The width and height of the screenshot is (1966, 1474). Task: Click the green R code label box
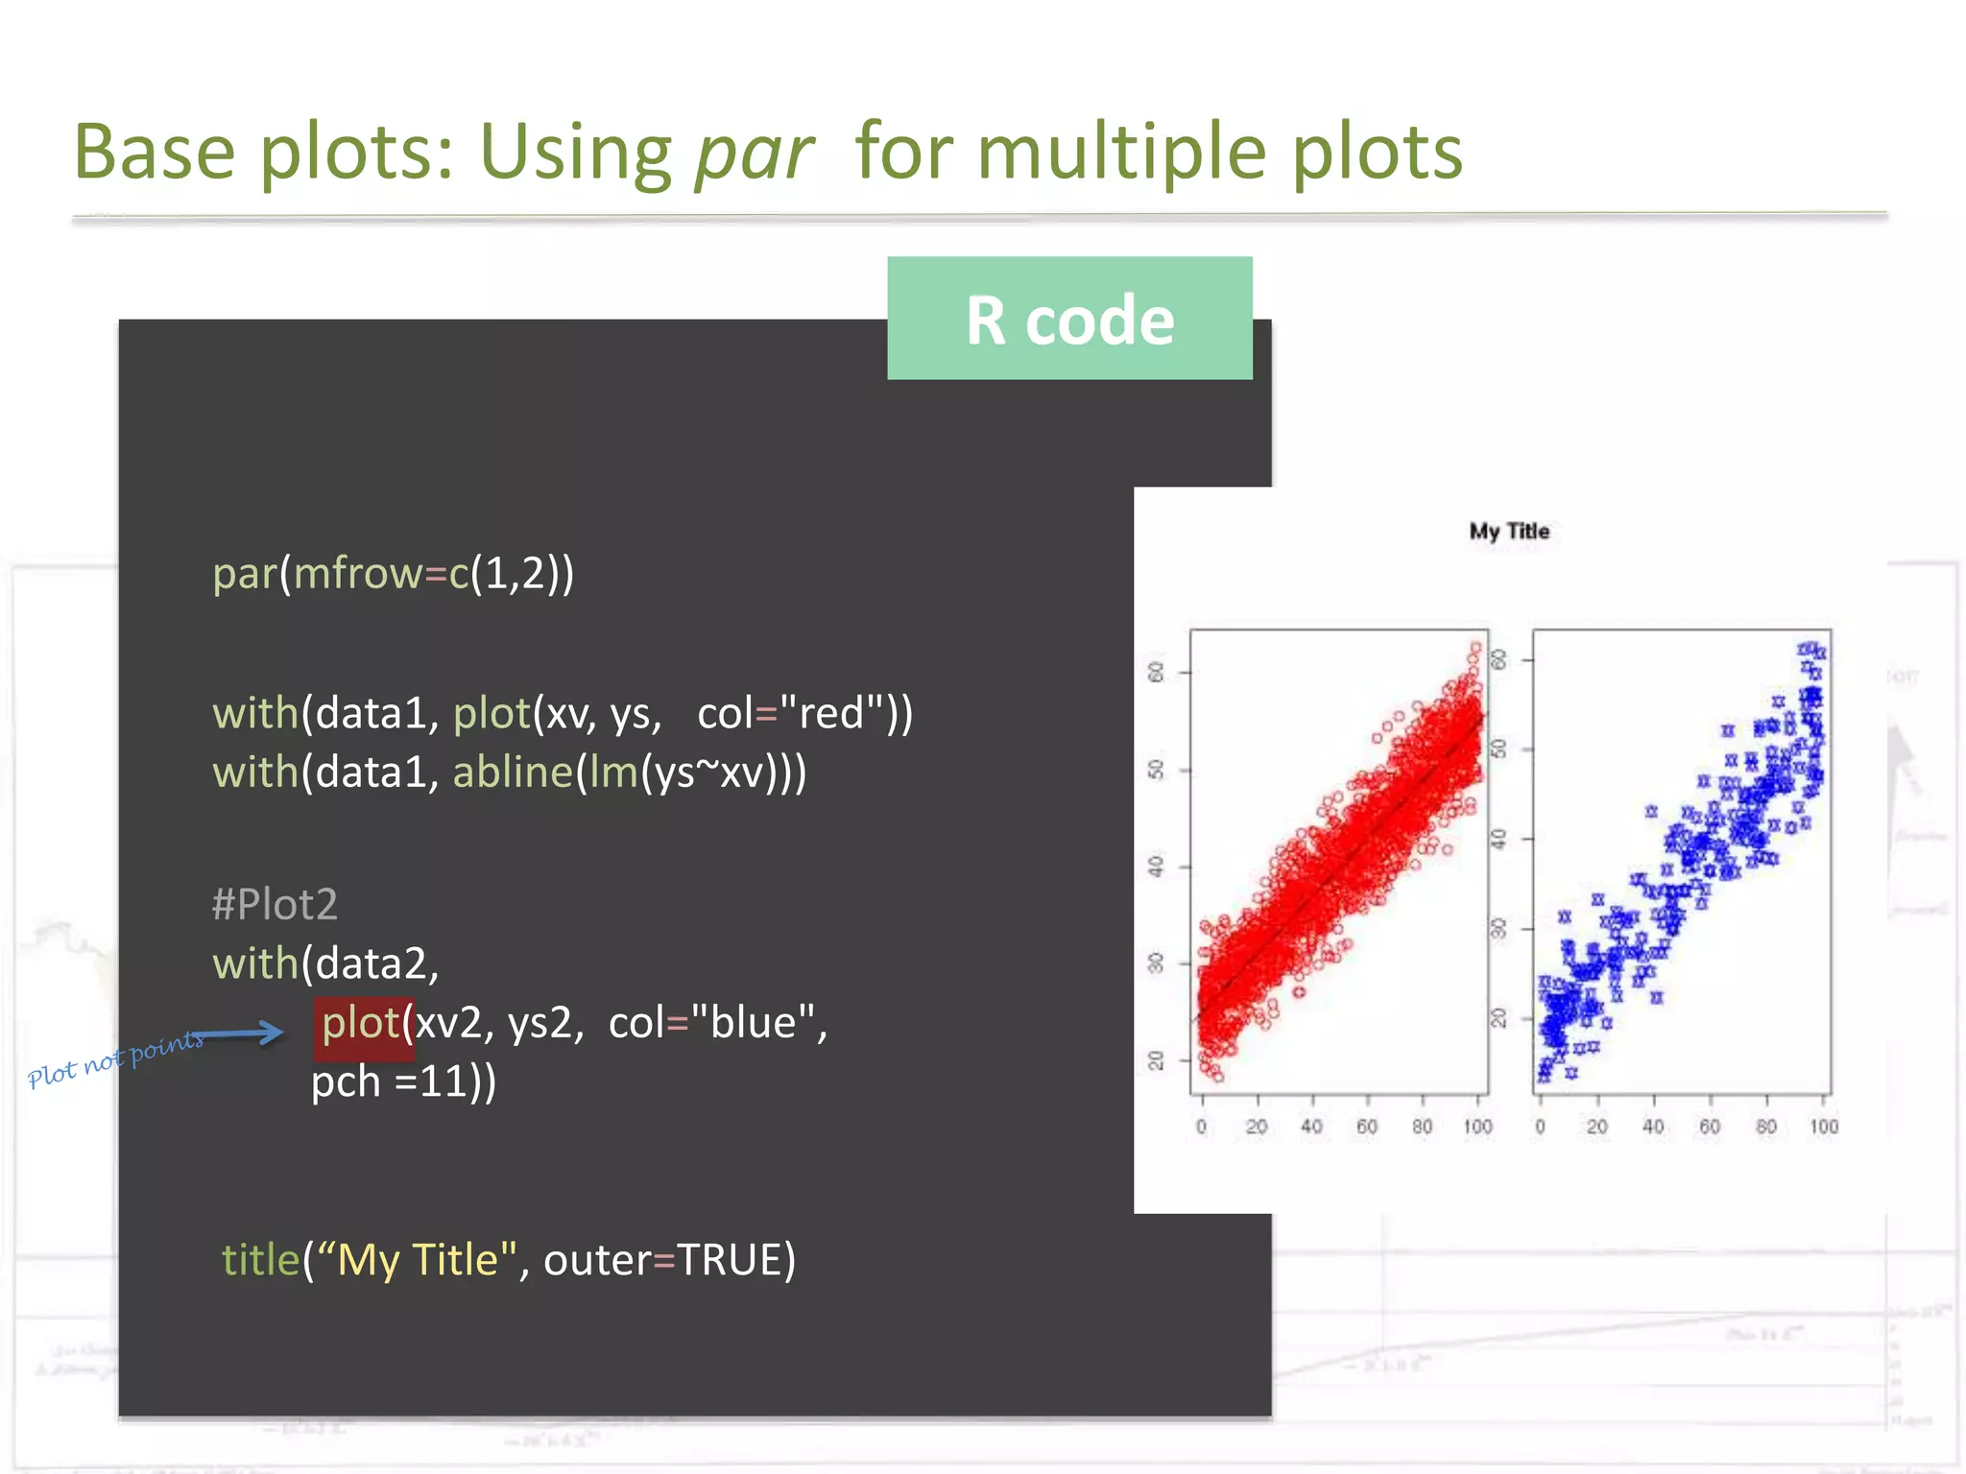[x=1069, y=319]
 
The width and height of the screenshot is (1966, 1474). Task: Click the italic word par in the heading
[x=754, y=154]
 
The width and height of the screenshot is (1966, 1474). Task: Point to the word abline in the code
[x=513, y=773]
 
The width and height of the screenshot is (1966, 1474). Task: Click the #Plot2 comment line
[x=275, y=904]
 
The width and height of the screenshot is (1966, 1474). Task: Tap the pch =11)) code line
[x=403, y=1082]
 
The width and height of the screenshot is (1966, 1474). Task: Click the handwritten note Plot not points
[x=115, y=1058]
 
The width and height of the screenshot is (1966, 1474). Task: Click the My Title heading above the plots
[x=1509, y=532]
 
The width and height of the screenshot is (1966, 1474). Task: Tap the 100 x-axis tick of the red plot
[x=1477, y=1127]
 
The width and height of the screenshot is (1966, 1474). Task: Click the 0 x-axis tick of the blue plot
[x=1541, y=1127]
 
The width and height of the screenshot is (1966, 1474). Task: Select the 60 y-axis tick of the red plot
[x=1157, y=672]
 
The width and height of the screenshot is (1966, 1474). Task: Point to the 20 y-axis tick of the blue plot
[x=1498, y=1017]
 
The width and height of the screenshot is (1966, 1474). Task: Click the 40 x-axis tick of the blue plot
[x=1653, y=1127]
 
